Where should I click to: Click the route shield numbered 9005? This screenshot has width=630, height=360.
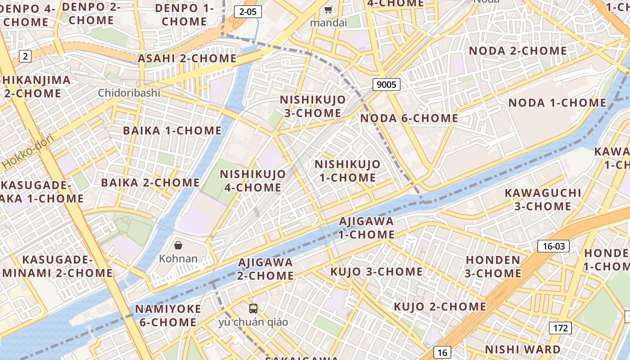[386, 84]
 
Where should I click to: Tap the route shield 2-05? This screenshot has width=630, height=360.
[248, 12]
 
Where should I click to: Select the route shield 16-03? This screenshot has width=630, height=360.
[553, 246]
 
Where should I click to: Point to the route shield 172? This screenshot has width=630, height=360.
[560, 328]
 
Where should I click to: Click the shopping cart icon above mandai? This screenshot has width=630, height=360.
[328, 10]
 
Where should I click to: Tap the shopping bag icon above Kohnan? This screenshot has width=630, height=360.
[178, 245]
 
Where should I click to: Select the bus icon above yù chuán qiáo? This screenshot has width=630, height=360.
[253, 309]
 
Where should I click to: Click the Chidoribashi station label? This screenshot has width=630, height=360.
[129, 93]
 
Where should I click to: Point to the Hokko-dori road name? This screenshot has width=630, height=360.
[28, 152]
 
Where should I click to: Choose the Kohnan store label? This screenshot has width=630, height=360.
[178, 259]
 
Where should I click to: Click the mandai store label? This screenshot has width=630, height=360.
[328, 22]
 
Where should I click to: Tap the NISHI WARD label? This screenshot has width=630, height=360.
[522, 350]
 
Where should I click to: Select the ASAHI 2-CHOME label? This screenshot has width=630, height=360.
[187, 58]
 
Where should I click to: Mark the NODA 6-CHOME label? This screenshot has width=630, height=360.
[409, 118]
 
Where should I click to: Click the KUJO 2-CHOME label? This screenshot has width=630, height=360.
[440, 307]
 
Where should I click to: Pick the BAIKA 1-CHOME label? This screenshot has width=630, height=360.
[172, 131]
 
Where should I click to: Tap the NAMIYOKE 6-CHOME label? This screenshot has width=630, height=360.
[168, 315]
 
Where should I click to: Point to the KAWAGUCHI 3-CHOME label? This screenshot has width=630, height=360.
[543, 200]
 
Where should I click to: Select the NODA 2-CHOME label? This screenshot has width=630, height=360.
[517, 51]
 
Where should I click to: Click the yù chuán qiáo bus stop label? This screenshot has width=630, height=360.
[253, 322]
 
